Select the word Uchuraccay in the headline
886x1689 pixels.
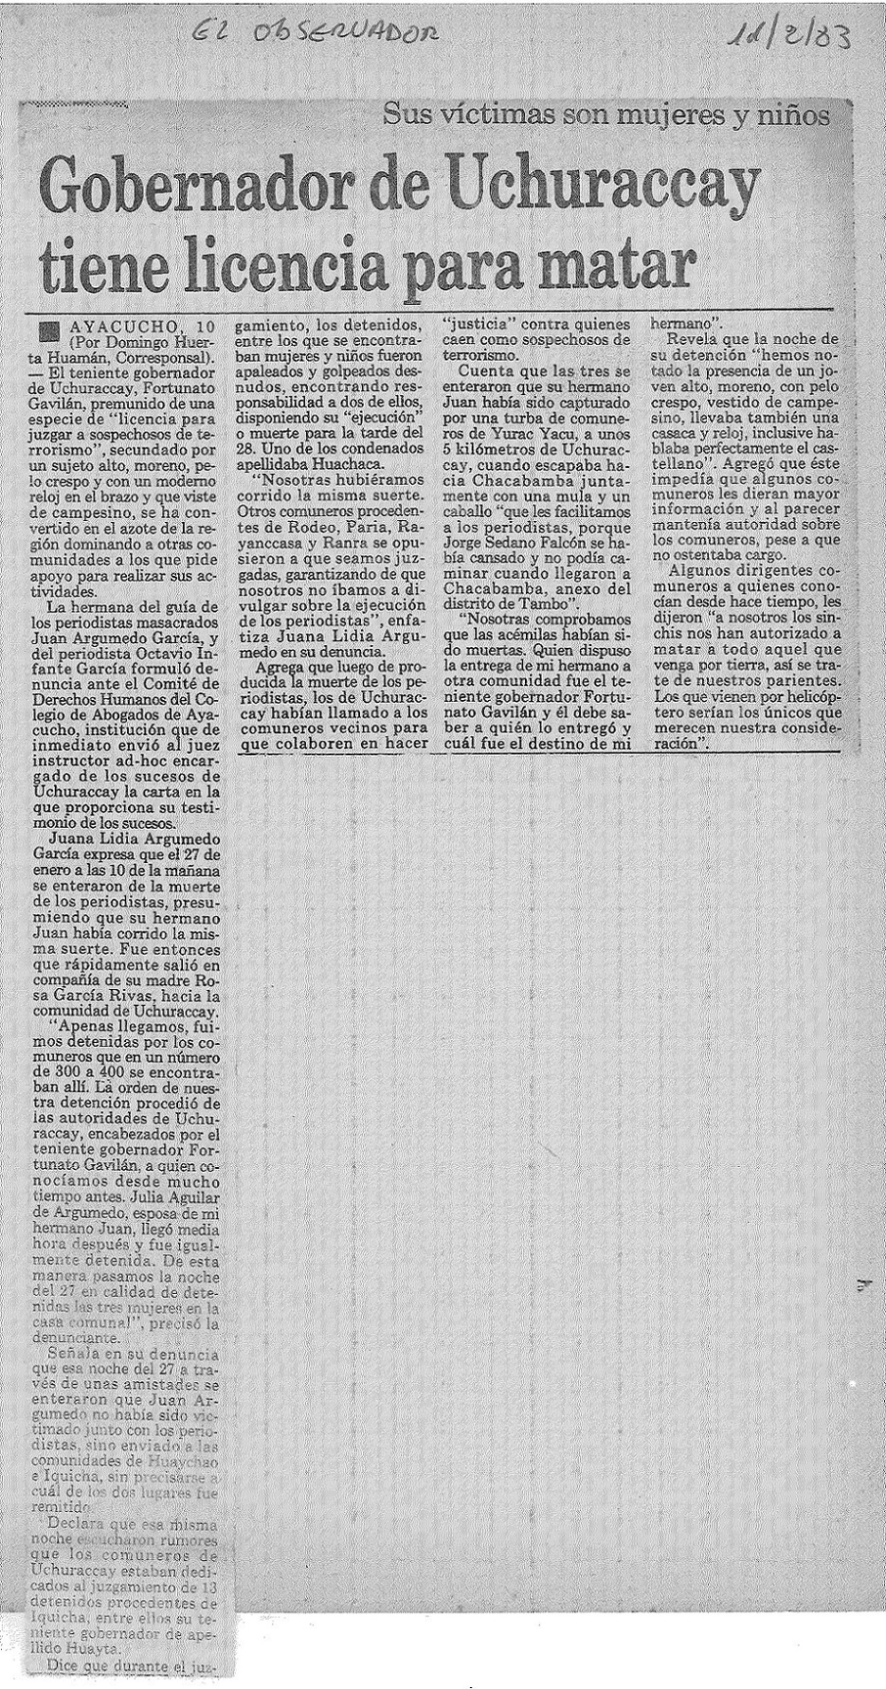point(606,184)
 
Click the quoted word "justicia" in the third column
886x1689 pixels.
point(482,324)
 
